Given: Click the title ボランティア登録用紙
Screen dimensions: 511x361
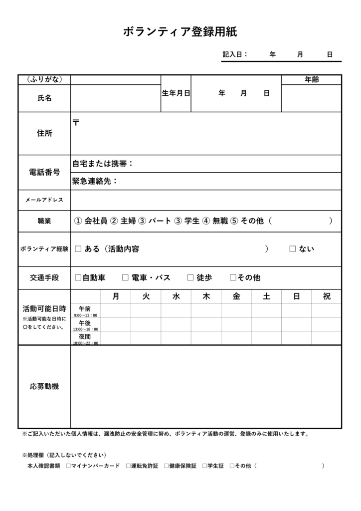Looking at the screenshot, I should (x=180, y=32).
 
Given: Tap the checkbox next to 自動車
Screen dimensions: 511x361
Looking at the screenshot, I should (x=78, y=277).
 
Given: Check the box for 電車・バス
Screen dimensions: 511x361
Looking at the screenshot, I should (x=126, y=277).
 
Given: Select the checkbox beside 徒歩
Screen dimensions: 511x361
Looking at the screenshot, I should (x=190, y=277).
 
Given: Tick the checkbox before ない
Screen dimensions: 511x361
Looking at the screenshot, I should (x=293, y=249).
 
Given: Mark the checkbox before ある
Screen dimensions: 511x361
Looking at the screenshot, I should (x=78, y=249).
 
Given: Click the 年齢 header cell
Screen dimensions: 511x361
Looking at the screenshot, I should (x=312, y=80).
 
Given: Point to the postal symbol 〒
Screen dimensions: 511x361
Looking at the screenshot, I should (x=76, y=122).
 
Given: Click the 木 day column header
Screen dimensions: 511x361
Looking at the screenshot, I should (x=206, y=296).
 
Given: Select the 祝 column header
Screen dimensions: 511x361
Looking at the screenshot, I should (x=327, y=296).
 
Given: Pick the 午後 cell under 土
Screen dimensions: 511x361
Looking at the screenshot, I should (x=266, y=324).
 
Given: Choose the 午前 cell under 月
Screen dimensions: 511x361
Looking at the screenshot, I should (x=116, y=310).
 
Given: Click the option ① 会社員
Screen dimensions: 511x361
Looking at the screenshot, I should (x=91, y=221).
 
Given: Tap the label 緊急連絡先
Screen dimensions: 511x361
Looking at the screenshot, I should (x=95, y=181).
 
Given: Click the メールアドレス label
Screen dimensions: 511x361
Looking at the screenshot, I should (x=44, y=200).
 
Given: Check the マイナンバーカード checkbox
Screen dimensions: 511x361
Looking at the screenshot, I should (x=68, y=466).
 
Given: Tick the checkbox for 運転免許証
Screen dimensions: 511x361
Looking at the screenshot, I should (x=128, y=466).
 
